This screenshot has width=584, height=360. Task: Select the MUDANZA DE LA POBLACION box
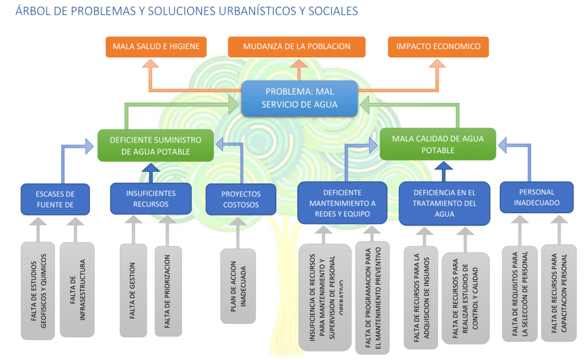click(297, 47)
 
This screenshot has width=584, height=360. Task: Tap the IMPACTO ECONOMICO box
click(438, 47)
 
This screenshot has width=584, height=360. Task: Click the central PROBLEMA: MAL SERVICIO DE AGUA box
click(300, 98)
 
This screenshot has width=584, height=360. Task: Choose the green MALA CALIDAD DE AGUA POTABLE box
click(437, 144)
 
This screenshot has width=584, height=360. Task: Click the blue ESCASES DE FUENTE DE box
click(55, 199)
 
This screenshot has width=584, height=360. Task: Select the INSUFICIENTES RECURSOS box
click(151, 199)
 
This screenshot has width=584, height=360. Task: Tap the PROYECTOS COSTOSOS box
click(241, 199)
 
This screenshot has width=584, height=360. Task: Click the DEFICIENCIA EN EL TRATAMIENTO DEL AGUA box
click(444, 203)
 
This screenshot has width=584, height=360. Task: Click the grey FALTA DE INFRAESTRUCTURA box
click(77, 290)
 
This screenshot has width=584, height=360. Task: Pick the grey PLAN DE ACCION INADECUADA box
click(238, 286)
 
